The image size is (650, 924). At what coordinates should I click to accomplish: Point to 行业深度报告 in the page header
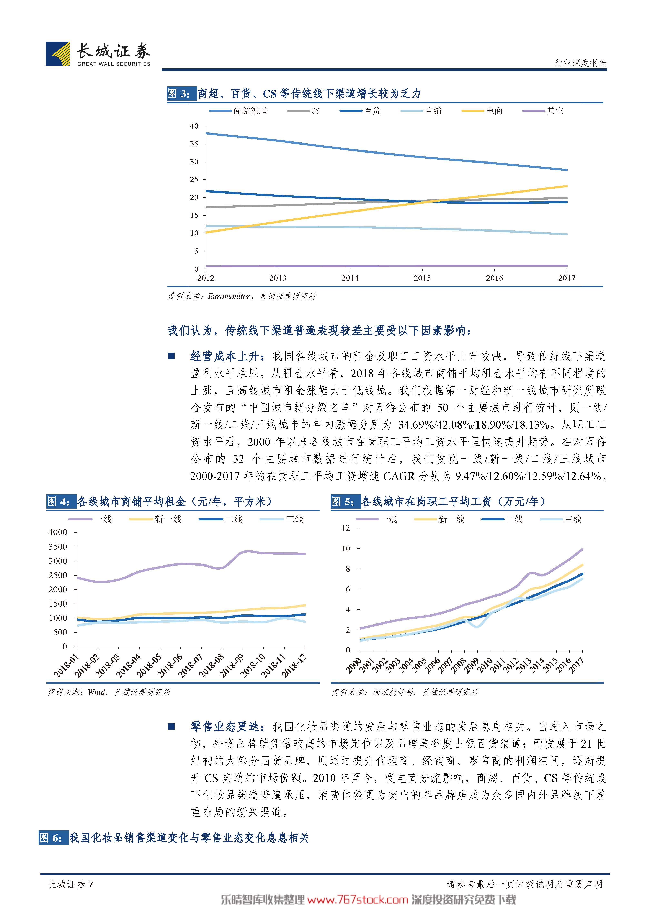tap(580, 63)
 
